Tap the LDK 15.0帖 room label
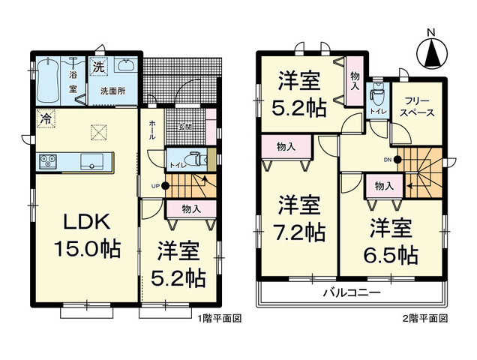click(85, 235)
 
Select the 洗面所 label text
click(115, 91)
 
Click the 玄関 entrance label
click(185, 127)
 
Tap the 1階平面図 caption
click(220, 319)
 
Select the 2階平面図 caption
click(426, 319)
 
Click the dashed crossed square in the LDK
click(99, 132)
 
